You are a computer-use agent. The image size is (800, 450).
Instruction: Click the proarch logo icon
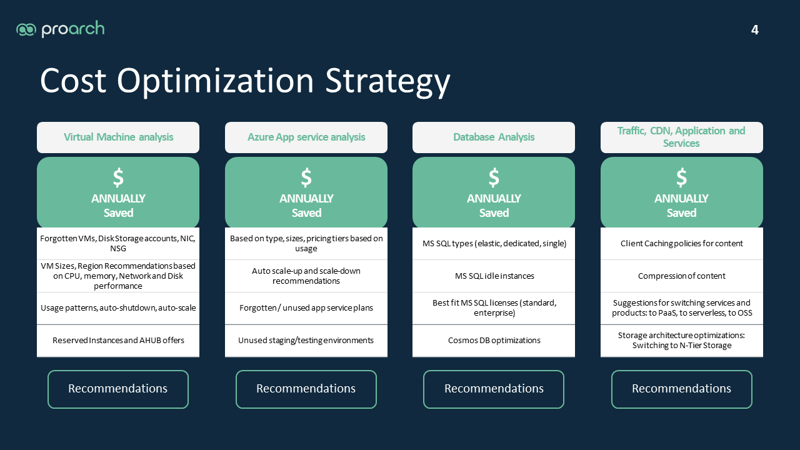pyautogui.click(x=26, y=29)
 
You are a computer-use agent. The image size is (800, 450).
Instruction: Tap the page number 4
pyautogui.click(x=754, y=29)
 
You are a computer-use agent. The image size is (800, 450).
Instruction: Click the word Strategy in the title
pyautogui.click(x=387, y=81)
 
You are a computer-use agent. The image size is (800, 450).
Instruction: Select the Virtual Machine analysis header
pyautogui.click(x=118, y=137)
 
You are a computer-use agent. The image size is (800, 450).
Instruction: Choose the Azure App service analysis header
pyautogui.click(x=306, y=137)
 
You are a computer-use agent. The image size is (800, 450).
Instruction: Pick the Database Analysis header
pyautogui.click(x=494, y=137)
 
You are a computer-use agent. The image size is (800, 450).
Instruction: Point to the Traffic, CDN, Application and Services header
pyautogui.click(x=681, y=137)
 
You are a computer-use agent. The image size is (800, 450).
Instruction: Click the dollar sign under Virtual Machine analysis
pyautogui.click(x=118, y=177)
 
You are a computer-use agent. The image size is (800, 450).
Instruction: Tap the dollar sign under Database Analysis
pyautogui.click(x=494, y=177)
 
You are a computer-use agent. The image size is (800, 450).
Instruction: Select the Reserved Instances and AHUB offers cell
pyautogui.click(x=118, y=341)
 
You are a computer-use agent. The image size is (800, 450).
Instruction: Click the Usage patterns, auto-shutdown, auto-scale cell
pyautogui.click(x=118, y=308)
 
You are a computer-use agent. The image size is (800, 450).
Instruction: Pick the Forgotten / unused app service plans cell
pyautogui.click(x=306, y=308)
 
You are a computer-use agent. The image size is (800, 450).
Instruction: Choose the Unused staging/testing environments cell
pyautogui.click(x=306, y=341)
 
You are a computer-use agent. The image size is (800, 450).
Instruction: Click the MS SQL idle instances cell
pyautogui.click(x=494, y=276)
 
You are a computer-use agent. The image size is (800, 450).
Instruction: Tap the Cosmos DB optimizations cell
pyautogui.click(x=494, y=341)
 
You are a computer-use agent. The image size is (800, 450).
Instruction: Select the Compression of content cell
pyautogui.click(x=681, y=276)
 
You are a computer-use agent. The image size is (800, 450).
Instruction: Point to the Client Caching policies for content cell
pyautogui.click(x=681, y=244)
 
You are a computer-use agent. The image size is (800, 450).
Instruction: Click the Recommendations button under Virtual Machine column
pyautogui.click(x=118, y=389)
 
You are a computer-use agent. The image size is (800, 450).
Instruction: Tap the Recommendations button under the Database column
pyautogui.click(x=494, y=389)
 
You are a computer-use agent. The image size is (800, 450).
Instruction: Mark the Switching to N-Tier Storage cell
pyautogui.click(x=681, y=341)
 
